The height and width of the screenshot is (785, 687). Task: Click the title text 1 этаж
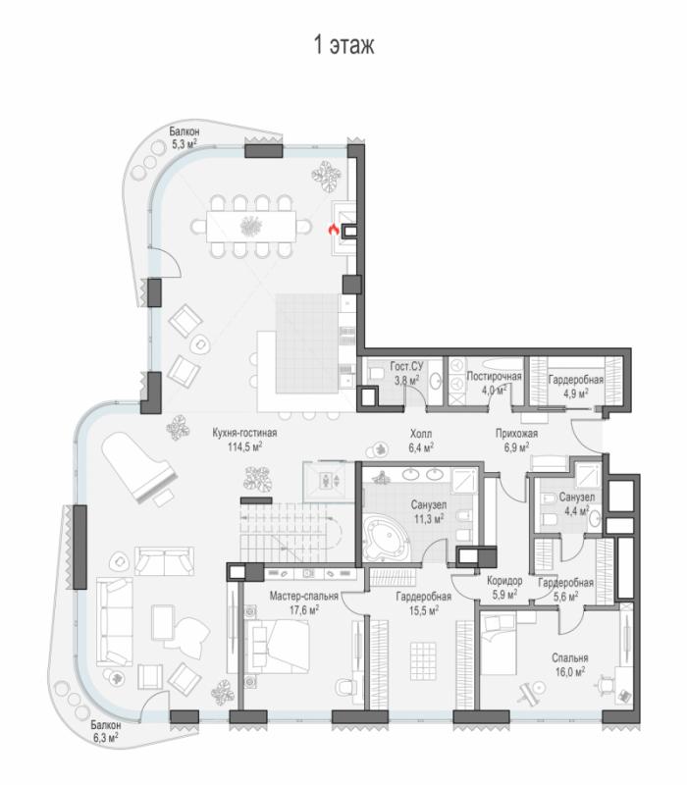pos(344,45)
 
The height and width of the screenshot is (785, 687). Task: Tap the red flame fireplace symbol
pos(334,230)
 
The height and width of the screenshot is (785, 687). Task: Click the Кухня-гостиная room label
pos(244,433)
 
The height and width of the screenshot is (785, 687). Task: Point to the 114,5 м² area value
pos(244,446)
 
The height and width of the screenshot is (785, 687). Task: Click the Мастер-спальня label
pos(304,596)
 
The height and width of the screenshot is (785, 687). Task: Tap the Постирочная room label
pos(494,376)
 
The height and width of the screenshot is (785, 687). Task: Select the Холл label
pos(421,434)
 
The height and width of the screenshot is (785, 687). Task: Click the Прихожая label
pos(517,434)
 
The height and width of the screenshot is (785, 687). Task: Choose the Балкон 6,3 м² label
pos(106,731)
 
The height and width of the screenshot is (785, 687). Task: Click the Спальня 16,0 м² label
pos(570,665)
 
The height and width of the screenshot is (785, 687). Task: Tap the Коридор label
pos(504,581)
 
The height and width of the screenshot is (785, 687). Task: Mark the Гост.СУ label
pos(406,367)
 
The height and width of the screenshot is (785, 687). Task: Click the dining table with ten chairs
pos(251,227)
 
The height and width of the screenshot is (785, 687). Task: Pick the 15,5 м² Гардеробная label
pos(424,603)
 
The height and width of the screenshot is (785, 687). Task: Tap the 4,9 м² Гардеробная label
pos(576,387)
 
